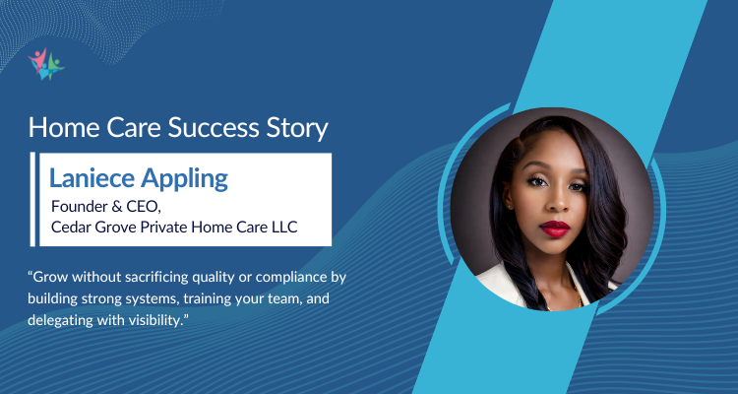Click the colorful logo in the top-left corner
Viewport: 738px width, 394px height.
44,63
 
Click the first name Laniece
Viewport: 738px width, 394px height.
89,179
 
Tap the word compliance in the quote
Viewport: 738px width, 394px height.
284,274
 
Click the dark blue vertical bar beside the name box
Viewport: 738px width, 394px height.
36,197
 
